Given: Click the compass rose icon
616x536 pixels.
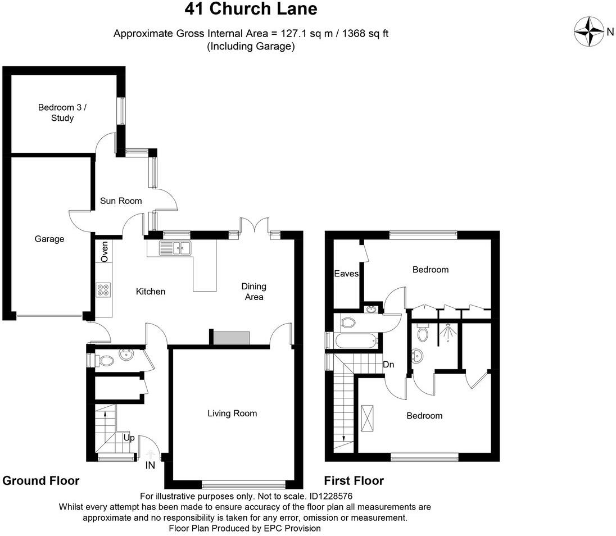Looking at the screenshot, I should [588, 31].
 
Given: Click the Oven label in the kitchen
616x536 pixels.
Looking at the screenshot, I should [105, 251].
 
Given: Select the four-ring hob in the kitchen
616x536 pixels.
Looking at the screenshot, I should [103, 290].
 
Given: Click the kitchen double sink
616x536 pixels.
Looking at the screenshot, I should [175, 247].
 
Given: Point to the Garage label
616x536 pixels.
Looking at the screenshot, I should [49, 239].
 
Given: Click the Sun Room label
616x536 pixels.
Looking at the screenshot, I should [121, 201].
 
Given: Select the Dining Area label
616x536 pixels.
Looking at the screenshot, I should [254, 291].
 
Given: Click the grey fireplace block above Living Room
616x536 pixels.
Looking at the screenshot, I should [231, 338].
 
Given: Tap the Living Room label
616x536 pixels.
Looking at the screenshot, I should [232, 413].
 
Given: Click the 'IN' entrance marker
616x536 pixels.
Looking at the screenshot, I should [150, 465].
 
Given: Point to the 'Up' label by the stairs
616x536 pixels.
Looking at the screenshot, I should [128, 438].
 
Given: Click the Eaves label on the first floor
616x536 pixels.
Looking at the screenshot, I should [346, 274].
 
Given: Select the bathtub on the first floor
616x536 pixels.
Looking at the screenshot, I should [354, 339].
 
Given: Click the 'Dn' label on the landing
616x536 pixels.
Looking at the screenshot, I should [388, 365].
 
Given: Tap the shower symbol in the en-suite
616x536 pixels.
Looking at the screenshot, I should [447, 333].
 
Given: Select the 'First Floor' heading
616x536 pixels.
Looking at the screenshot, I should [354, 480].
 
